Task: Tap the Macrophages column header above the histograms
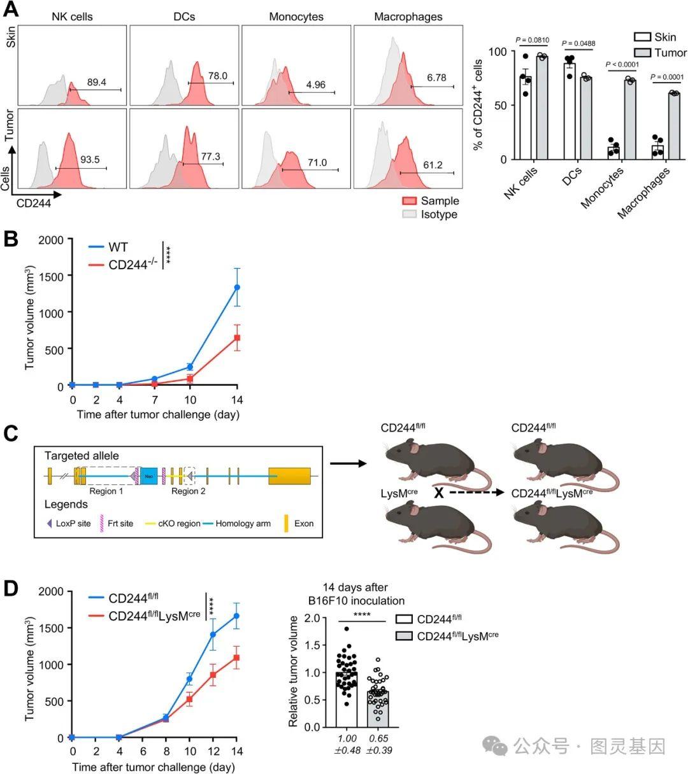(x=408, y=17)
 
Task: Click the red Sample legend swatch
(x=409, y=201)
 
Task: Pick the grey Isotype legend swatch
(x=409, y=215)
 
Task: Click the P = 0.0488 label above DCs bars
(x=578, y=43)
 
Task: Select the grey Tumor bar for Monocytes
(x=630, y=120)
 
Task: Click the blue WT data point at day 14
(x=237, y=287)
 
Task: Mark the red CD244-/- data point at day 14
(x=237, y=337)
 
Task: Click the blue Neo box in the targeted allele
(x=148, y=475)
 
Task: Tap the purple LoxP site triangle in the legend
(x=49, y=524)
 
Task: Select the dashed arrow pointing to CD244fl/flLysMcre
(x=475, y=493)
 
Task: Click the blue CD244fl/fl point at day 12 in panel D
(x=213, y=634)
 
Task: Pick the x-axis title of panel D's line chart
(x=154, y=767)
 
